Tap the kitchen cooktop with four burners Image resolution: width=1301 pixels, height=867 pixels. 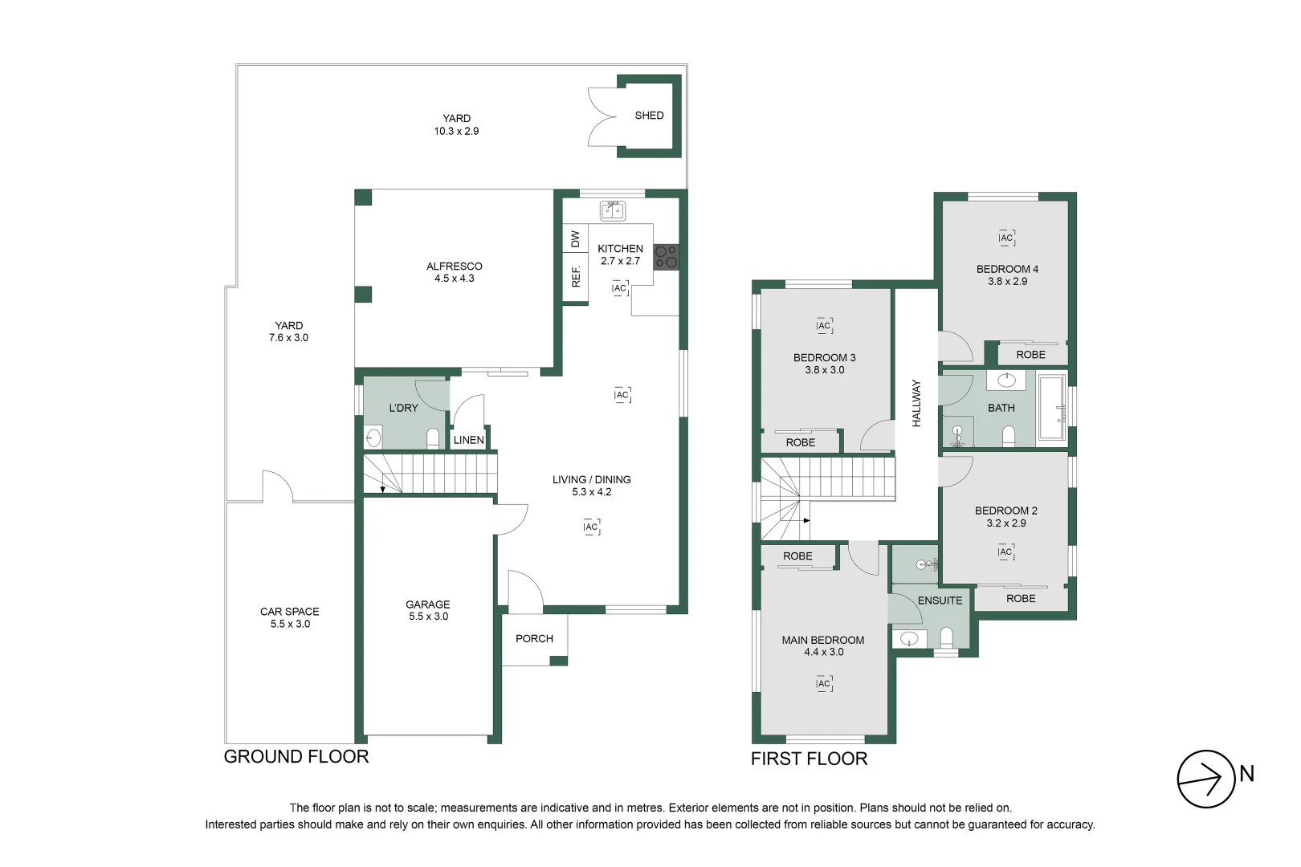click(667, 257)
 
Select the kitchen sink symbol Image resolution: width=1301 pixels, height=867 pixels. click(612, 211)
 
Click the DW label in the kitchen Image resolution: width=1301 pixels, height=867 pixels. click(575, 238)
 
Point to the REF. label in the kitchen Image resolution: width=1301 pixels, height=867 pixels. click(576, 276)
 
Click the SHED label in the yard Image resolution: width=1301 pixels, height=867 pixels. click(649, 116)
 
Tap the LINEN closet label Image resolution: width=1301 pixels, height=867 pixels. click(469, 440)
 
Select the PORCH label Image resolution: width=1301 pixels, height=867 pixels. click(534, 639)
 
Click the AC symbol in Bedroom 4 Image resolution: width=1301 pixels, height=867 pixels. click(1006, 238)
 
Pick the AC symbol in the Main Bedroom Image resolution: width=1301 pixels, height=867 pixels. click(824, 683)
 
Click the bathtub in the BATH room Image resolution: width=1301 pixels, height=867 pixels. click(1052, 407)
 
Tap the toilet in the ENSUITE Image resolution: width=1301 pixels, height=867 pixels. click(946, 637)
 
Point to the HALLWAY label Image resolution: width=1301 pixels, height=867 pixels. click(916, 404)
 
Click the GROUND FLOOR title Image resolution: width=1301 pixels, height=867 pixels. click(296, 757)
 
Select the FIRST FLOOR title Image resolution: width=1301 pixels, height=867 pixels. click(809, 759)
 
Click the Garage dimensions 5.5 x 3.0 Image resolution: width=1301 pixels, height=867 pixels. click(428, 617)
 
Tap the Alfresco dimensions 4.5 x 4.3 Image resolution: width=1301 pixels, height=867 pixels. click(455, 279)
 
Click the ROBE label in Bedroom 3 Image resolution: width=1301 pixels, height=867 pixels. click(801, 442)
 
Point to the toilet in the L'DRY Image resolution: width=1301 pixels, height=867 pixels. click(433, 438)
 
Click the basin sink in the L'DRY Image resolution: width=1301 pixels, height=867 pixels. click(373, 438)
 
